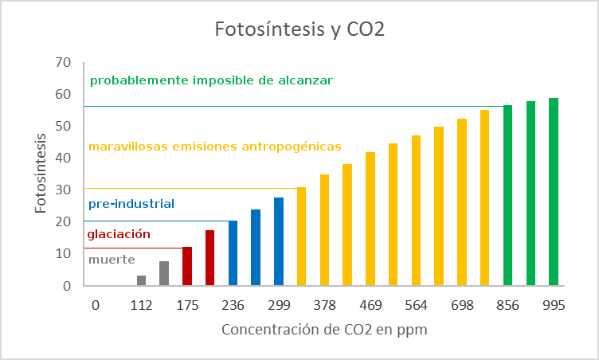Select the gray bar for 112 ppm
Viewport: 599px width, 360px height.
click(141, 280)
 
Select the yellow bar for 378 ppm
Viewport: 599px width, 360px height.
click(324, 230)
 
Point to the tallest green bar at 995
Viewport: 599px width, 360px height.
click(554, 192)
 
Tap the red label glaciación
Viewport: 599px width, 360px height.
click(119, 234)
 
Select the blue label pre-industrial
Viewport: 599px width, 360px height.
click(131, 204)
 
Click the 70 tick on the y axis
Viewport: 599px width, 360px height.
click(64, 62)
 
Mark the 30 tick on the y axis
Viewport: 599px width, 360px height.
click(64, 190)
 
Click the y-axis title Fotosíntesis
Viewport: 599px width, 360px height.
click(40, 174)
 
